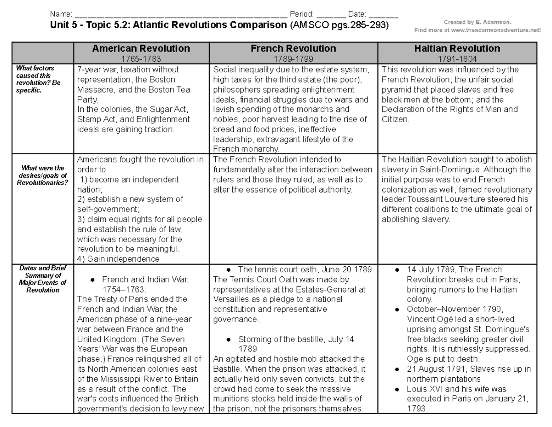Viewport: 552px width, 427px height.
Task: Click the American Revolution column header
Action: [x=141, y=48]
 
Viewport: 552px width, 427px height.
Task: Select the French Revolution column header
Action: [x=293, y=48]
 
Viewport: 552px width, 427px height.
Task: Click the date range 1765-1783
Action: [x=141, y=58]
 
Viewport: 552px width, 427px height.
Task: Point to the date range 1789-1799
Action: [x=293, y=58]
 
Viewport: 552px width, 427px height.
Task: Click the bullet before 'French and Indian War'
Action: [x=92, y=280]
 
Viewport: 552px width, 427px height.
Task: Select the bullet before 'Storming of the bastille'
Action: [x=229, y=339]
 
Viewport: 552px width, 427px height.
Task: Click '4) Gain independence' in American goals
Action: [x=118, y=259]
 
